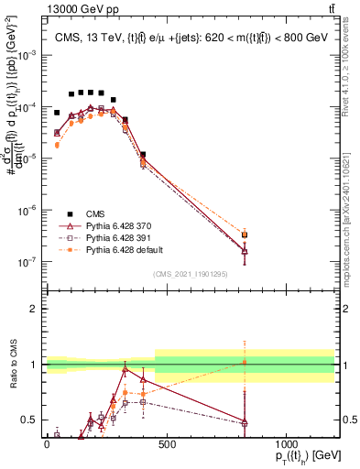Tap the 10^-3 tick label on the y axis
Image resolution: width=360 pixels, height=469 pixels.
click(x=30, y=55)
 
